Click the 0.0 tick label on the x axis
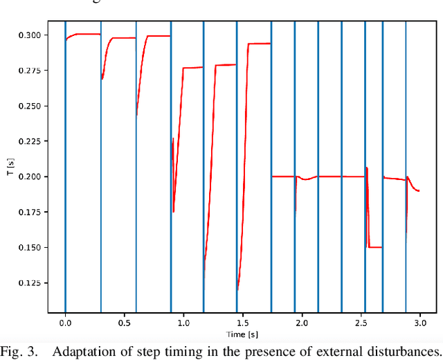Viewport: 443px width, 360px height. [65, 323]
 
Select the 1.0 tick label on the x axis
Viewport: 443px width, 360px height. [183, 323]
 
